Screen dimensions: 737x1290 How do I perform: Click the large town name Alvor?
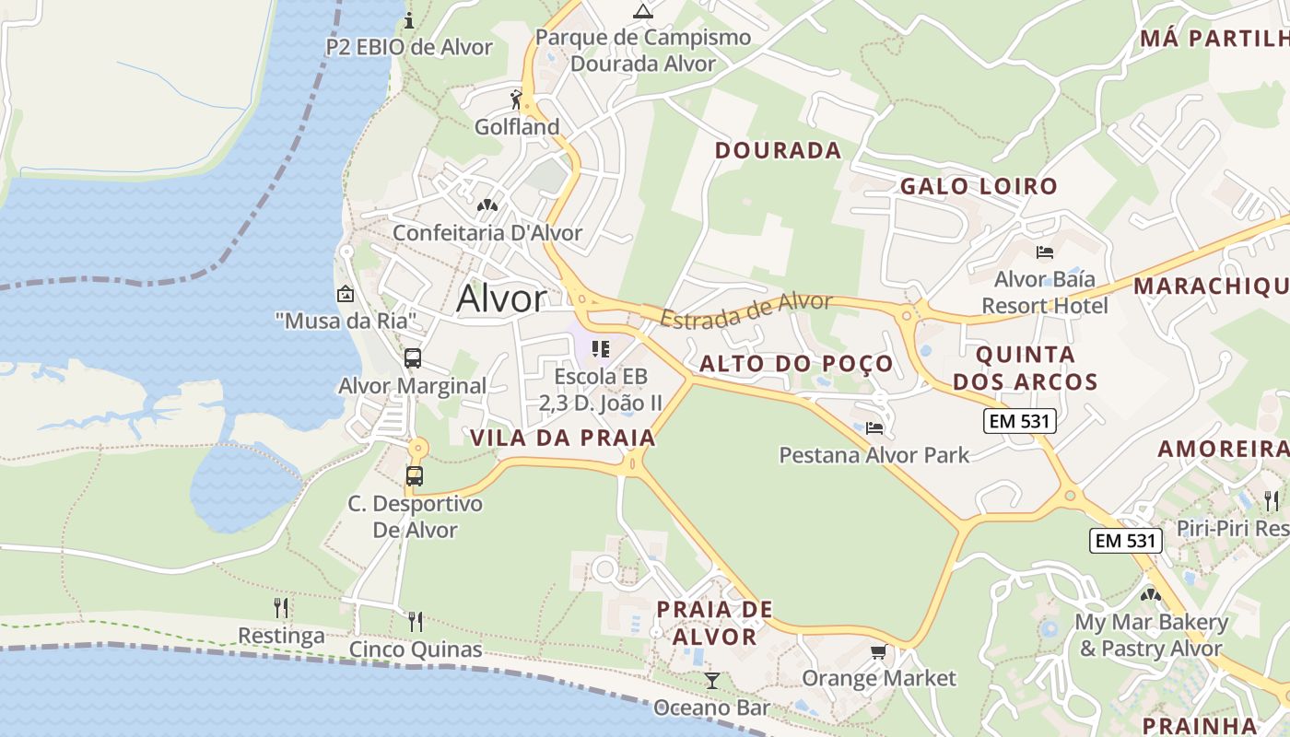(x=501, y=298)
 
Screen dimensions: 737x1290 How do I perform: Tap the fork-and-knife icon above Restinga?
(x=281, y=607)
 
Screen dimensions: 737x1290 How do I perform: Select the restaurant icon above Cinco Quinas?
(x=416, y=621)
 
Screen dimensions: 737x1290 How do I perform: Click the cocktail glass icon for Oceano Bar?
(x=711, y=681)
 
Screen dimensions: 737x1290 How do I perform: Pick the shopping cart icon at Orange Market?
(x=879, y=652)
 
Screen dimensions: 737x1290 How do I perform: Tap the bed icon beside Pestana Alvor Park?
(x=874, y=427)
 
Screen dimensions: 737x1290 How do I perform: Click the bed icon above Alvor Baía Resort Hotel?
(x=1044, y=252)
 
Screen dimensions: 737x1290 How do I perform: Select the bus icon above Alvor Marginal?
(x=413, y=358)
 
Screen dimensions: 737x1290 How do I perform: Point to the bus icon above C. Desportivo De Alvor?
(x=415, y=476)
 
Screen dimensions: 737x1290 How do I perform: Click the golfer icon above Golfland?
(x=517, y=99)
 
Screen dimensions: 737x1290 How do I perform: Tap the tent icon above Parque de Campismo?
(x=643, y=11)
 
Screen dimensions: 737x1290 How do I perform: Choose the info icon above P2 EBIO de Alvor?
(x=409, y=20)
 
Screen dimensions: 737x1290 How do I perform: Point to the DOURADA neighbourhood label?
(x=778, y=150)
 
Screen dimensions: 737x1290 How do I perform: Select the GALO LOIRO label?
(x=979, y=186)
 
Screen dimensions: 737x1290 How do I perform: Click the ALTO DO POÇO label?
(x=796, y=364)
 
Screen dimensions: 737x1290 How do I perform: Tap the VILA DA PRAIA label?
(x=563, y=438)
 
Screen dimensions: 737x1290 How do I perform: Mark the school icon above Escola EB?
(x=601, y=349)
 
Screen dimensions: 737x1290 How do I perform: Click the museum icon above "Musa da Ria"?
(x=346, y=294)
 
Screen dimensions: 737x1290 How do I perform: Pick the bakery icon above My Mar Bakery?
(x=1150, y=595)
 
